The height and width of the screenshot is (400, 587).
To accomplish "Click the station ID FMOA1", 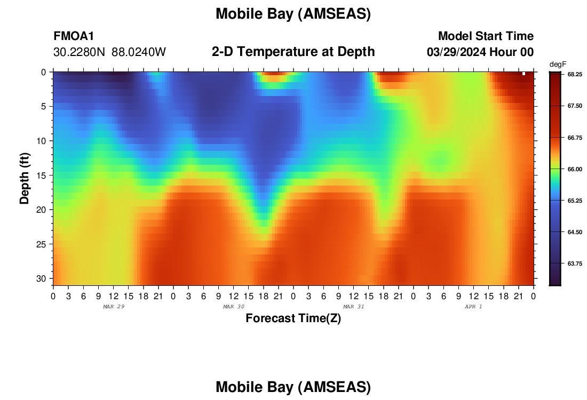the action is pos(74,36).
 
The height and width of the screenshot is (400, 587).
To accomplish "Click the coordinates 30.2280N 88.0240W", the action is pos(109,52).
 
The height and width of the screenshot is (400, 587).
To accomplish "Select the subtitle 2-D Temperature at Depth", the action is pos(293,52).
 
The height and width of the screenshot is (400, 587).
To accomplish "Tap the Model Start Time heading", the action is pos(486,36).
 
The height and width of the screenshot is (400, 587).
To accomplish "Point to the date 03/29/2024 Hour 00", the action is pos(480,52).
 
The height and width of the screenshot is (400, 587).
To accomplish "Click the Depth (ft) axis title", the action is pos(25,179).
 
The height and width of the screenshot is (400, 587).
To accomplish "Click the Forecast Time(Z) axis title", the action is pos(293,318).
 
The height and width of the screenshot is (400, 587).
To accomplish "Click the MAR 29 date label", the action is pos(114,307).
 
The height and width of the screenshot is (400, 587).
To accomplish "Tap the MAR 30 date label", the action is pos(234,307).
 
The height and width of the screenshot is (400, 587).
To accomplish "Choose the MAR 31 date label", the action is pos(354,307).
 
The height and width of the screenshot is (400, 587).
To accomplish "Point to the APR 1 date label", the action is pos(473,307).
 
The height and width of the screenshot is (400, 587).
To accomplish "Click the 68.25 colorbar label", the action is pos(575,75).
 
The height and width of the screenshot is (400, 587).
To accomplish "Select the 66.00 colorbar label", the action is pos(575,169).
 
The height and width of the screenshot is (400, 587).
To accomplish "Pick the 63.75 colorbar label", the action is pos(575,263).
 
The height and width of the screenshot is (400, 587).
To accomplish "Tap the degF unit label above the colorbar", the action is pos(558,65).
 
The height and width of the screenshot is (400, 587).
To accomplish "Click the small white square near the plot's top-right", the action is pos(523,74).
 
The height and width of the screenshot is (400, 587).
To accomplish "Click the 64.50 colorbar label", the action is pos(575,232).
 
